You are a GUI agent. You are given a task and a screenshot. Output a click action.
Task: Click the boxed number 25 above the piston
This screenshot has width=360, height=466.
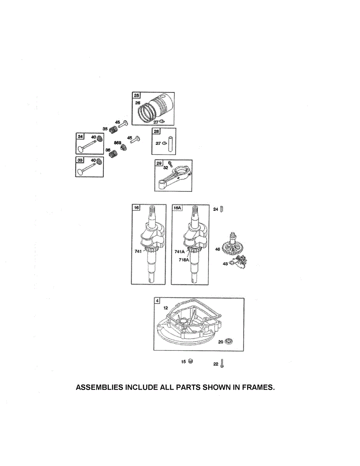coord(136,96)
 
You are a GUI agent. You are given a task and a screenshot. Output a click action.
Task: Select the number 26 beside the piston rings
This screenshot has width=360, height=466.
coord(137,103)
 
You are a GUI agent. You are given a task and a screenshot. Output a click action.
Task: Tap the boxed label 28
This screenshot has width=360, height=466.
coord(156,132)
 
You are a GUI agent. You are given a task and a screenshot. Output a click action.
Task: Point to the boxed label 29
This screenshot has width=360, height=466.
coord(159,163)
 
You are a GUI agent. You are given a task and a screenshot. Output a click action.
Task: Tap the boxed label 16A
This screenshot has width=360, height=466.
coord(177,208)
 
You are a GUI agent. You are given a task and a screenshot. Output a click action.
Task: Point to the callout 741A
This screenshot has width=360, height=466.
coord(180,252)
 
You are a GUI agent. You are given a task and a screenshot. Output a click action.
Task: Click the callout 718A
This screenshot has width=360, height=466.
coord(184,259)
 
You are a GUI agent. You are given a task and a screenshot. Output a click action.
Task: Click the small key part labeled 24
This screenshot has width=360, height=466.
coord(221,209)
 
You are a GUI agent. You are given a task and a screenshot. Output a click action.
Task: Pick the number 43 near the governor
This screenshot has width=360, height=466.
coord(225,264)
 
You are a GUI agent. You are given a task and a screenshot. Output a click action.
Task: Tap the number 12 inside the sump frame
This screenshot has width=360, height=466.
coord(165,308)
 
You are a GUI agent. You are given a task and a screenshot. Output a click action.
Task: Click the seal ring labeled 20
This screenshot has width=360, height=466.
coord(230,341)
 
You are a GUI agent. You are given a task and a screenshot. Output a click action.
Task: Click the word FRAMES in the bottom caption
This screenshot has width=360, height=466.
coord(253,388)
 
